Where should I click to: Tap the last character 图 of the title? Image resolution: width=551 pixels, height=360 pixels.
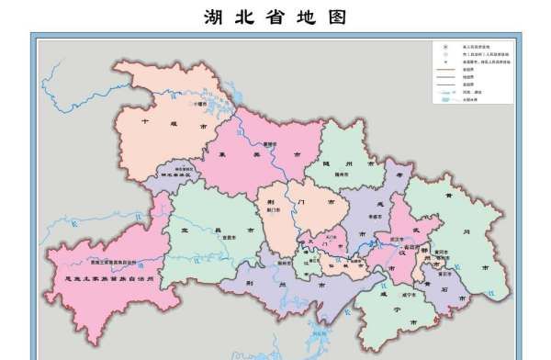pos(341,17)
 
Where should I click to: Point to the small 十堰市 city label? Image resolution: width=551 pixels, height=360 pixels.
pos(201,105)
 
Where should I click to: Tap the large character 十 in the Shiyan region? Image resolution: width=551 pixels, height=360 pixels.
pos(145,120)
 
